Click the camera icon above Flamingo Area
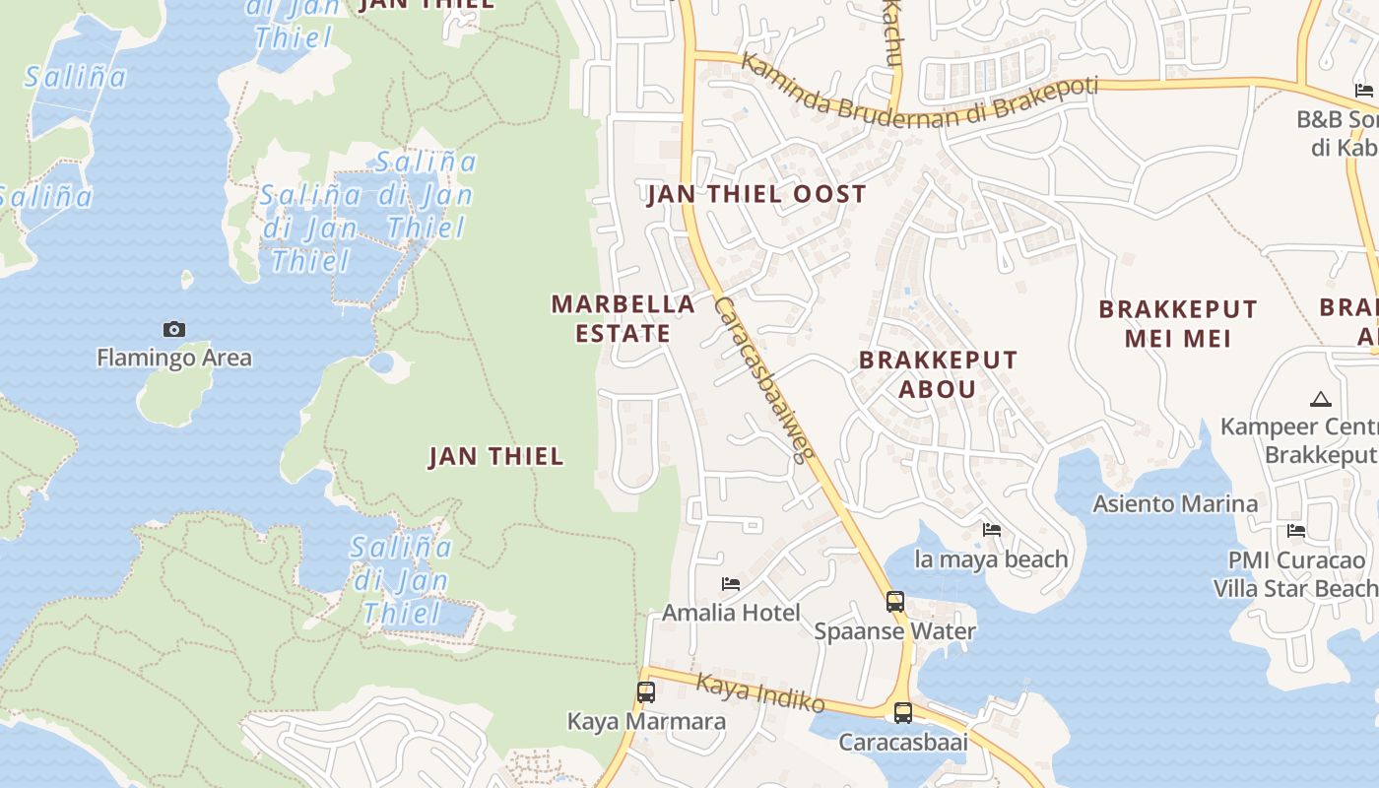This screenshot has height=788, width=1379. (174, 329)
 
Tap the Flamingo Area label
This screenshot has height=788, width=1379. (174, 358)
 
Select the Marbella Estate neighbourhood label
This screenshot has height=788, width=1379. (623, 318)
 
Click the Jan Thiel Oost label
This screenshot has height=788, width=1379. (756, 194)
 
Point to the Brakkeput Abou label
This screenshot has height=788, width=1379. (938, 373)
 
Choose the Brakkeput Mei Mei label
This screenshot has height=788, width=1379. (1178, 323)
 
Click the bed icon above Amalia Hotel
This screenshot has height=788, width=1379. (731, 584)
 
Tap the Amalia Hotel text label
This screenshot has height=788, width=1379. (731, 613)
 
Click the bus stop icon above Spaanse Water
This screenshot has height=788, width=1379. (894, 601)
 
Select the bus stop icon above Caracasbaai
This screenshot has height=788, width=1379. (903, 712)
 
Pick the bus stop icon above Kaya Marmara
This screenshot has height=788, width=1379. (646, 691)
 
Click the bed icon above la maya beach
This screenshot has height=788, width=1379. (992, 530)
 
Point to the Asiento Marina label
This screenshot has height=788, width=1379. (1175, 504)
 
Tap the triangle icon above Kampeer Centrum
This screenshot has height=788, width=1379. (1320, 399)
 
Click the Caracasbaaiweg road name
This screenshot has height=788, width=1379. (764, 379)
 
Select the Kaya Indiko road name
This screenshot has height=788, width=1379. (759, 692)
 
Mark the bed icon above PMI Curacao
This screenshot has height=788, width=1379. (1296, 530)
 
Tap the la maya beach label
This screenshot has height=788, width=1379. (991, 559)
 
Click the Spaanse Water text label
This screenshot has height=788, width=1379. (894, 631)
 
